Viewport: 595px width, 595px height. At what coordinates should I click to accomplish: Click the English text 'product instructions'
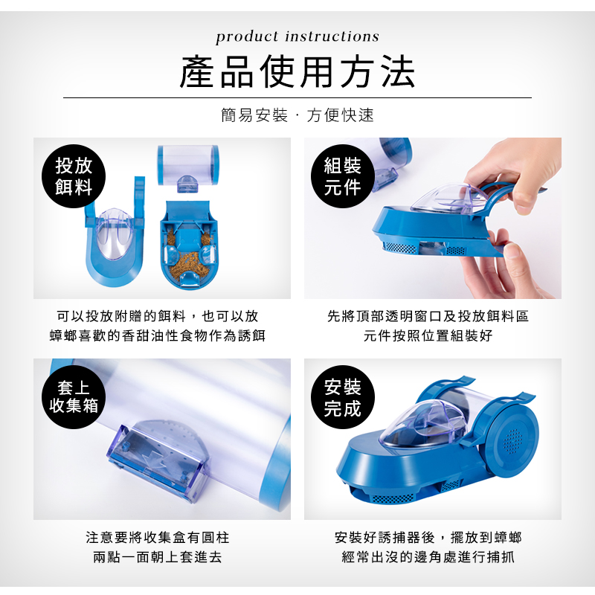[297, 36]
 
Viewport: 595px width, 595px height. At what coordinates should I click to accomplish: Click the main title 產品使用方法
[297, 71]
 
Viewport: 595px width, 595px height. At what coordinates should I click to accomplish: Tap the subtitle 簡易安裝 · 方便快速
[297, 115]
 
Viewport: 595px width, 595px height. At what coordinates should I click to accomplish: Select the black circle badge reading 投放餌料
[74, 176]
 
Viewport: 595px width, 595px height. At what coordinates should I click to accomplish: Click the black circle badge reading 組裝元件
[343, 176]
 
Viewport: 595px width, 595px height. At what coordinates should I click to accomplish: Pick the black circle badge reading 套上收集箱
[74, 397]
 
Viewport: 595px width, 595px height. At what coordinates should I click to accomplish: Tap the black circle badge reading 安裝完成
[343, 397]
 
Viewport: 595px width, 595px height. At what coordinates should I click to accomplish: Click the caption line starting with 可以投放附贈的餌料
[158, 315]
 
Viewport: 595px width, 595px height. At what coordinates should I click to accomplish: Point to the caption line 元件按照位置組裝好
[428, 335]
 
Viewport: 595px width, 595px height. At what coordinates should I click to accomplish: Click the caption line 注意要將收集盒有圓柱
[158, 537]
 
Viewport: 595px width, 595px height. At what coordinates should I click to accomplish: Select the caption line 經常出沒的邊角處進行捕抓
[428, 557]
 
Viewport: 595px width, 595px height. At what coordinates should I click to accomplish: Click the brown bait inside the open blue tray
[189, 262]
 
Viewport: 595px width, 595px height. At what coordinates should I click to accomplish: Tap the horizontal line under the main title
[297, 98]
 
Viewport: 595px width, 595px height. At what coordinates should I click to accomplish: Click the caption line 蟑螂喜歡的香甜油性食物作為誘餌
[158, 335]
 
